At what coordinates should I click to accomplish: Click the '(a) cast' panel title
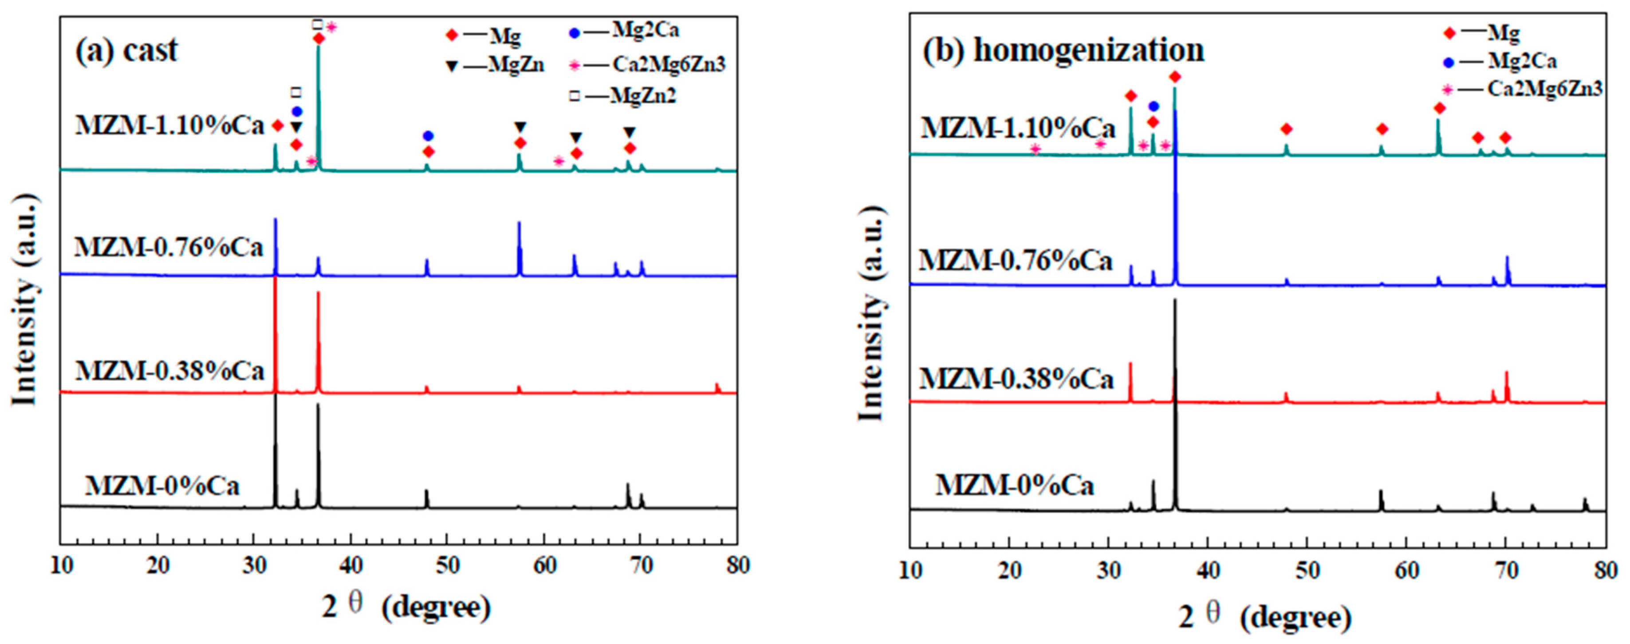(x=126, y=50)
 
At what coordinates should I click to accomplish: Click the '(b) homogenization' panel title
(x=1063, y=50)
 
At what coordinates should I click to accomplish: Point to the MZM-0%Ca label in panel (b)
(x=1014, y=485)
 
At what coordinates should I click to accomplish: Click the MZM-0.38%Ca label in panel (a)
(x=169, y=371)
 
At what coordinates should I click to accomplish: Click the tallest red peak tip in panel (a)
(x=275, y=279)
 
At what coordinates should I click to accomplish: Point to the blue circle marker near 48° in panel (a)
(x=429, y=135)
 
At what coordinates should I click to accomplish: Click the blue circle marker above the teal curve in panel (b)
(x=1153, y=107)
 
